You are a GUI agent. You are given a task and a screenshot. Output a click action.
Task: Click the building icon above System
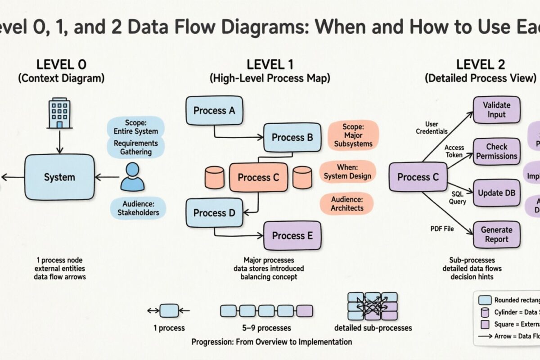pyautogui.click(x=59, y=114)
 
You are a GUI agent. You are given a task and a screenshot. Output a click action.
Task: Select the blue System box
pyautogui.click(x=59, y=177)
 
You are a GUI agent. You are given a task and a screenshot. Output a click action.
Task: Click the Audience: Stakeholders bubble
pyautogui.click(x=138, y=208)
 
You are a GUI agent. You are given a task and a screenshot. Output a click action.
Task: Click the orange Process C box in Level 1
pyautogui.click(x=258, y=177)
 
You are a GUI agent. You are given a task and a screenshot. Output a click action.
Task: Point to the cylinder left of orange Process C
pyautogui.click(x=214, y=177)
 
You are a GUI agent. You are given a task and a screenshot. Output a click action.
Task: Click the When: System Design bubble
pyautogui.click(x=347, y=171)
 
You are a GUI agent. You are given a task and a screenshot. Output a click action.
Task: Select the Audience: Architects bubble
pyautogui.click(x=346, y=203)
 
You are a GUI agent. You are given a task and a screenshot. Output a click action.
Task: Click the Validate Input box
pyautogui.click(x=496, y=109)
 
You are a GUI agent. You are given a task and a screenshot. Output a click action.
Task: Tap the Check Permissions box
pyautogui.click(x=496, y=151)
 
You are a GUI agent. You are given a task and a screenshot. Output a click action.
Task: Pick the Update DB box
pyautogui.click(x=496, y=193)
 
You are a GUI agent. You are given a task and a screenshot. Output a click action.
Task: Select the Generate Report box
pyautogui.click(x=496, y=234)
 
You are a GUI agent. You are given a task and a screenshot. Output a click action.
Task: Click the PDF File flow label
pyautogui.click(x=442, y=229)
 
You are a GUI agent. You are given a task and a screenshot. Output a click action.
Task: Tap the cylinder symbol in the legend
pyautogui.click(x=485, y=312)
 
